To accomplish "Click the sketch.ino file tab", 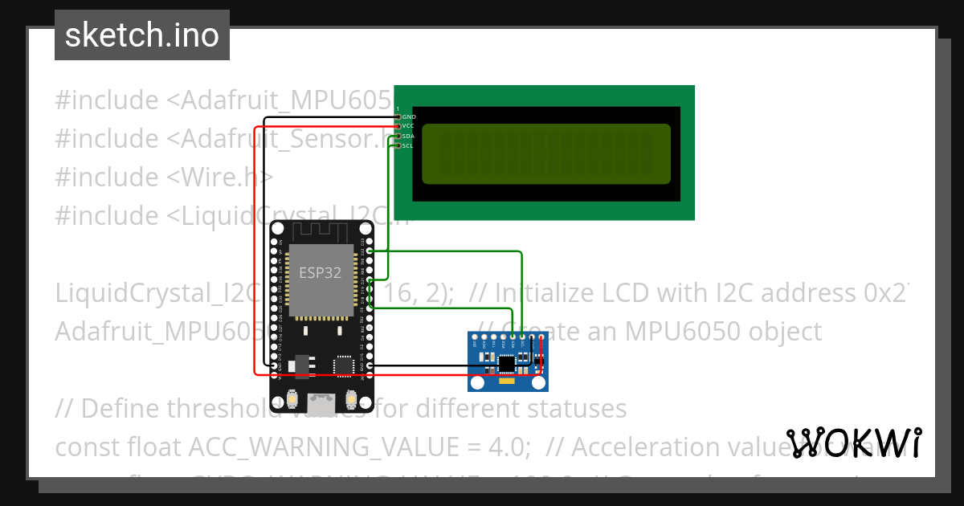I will (142, 35).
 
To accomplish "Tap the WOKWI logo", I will (853, 443).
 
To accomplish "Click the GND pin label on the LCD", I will (408, 117).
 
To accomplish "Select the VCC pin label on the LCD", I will (408, 126).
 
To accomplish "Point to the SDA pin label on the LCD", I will (408, 137).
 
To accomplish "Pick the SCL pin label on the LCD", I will (408, 145).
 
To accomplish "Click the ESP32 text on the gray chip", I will (320, 272).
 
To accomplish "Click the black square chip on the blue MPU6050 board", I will (506, 365).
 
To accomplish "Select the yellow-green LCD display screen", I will (546, 153).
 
